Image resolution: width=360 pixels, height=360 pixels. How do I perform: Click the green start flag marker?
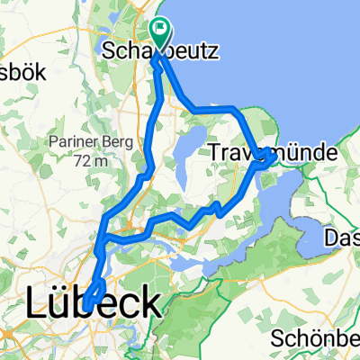(160, 33)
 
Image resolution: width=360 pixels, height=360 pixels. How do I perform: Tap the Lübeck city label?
(96, 302)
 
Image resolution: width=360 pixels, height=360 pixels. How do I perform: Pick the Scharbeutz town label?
(160, 52)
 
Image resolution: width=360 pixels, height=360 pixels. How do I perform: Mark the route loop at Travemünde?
(265, 159)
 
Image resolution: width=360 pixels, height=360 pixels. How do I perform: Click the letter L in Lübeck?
(40, 302)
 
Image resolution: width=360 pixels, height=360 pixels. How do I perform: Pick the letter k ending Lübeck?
(153, 302)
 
